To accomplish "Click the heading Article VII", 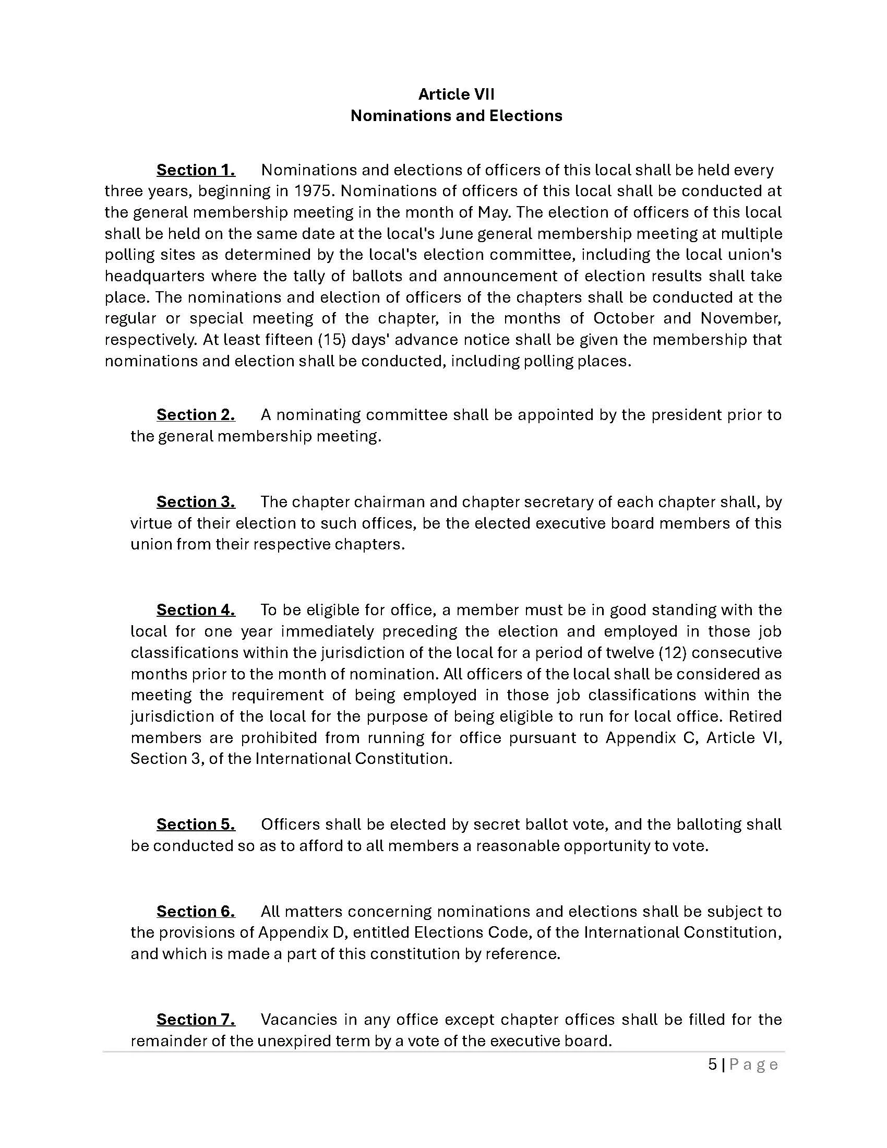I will tap(456, 94).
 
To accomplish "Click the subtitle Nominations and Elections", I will tap(456, 116).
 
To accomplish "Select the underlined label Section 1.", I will tap(196, 170).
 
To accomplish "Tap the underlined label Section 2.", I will tap(196, 415).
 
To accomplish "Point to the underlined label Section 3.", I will tap(196, 501).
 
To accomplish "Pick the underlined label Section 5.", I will tap(196, 824).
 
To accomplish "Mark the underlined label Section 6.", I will tap(196, 911).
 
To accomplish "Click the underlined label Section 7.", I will tap(196, 1019).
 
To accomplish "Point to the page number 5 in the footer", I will tap(712, 1065).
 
